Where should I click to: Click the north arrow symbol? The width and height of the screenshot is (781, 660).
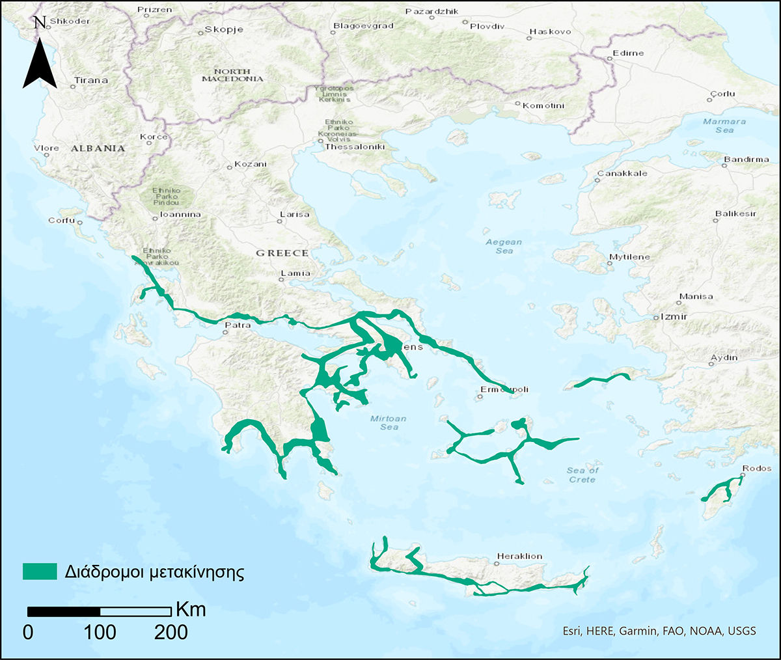click(40, 59)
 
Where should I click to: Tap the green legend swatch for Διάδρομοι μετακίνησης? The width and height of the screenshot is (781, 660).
click(40, 571)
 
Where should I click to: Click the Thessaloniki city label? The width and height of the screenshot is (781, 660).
click(355, 147)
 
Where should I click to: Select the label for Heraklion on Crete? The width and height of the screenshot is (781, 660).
click(519, 557)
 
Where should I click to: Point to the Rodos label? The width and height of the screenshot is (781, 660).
click(756, 468)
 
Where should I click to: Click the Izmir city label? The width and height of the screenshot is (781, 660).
click(674, 316)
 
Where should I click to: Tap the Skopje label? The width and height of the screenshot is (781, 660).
click(224, 30)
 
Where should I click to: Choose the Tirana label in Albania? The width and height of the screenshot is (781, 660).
click(91, 81)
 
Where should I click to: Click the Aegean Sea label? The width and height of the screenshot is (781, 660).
click(504, 246)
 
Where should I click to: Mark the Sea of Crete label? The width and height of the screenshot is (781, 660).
click(582, 474)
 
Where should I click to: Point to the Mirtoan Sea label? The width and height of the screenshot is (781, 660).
click(389, 422)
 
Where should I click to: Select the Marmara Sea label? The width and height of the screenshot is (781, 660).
click(724, 126)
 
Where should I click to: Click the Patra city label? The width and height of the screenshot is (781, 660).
click(238, 325)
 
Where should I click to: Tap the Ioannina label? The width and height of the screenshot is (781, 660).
click(180, 214)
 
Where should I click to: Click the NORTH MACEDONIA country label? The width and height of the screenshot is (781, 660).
click(232, 75)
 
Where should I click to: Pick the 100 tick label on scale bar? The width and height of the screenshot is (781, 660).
click(100, 631)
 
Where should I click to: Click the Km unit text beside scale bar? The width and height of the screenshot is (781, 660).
click(191, 609)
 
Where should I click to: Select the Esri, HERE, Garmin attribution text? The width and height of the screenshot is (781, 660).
click(659, 631)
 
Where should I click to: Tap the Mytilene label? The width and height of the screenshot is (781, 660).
click(629, 257)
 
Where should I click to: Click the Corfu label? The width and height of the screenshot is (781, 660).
click(61, 221)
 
